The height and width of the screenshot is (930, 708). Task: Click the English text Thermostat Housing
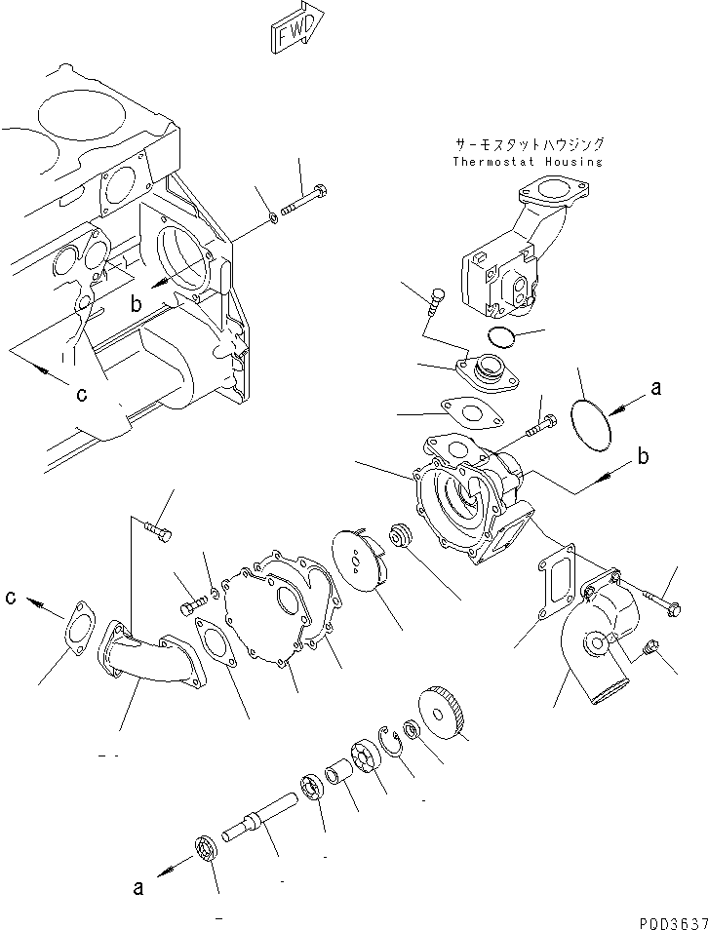pyautogui.click(x=528, y=162)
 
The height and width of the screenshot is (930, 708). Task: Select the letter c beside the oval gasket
pyautogui.click(x=10, y=598)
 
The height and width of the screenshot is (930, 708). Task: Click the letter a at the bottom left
pyautogui.click(x=138, y=887)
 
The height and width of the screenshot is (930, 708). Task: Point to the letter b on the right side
pyautogui.click(x=646, y=456)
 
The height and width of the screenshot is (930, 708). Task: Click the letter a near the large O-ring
pyautogui.click(x=655, y=388)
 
